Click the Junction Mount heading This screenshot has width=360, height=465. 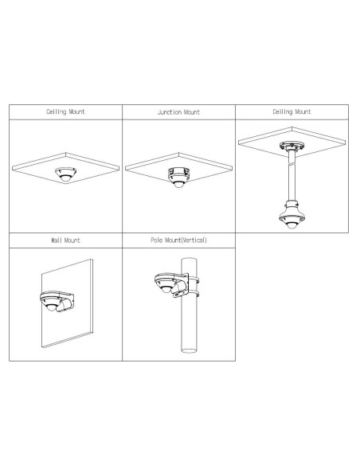(178, 112)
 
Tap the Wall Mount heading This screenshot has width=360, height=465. (65, 240)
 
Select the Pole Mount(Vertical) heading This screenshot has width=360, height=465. (178, 240)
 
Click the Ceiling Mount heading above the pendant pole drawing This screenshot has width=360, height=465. (292, 111)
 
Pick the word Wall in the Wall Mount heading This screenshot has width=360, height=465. (57, 240)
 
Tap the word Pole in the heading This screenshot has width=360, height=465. (157, 240)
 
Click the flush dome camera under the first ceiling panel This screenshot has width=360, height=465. (65, 174)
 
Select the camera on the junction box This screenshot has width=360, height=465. (178, 177)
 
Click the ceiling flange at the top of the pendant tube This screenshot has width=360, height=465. (292, 146)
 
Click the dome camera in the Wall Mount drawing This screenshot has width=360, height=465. (51, 301)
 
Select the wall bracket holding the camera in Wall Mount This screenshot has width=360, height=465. (67, 302)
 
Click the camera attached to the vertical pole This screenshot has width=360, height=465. (166, 283)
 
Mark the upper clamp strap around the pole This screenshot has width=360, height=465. (194, 279)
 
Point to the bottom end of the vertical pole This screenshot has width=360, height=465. (189, 351)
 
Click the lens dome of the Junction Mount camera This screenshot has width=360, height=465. (178, 185)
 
